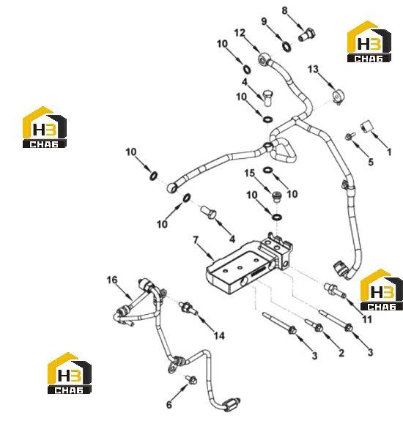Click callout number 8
click(284, 10)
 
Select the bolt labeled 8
click(306, 34)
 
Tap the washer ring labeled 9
click(286, 46)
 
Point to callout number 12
click(240, 33)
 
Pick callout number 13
click(313, 70)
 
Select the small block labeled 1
click(367, 126)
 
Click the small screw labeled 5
click(350, 136)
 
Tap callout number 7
click(196, 239)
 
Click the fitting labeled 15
click(276, 197)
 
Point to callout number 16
click(112, 280)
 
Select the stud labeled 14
click(188, 308)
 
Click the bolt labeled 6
click(191, 380)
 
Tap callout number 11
click(367, 319)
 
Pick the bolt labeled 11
click(335, 291)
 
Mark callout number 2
click(341, 353)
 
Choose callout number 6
click(169, 404)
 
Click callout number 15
click(249, 174)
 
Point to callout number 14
click(219, 335)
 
